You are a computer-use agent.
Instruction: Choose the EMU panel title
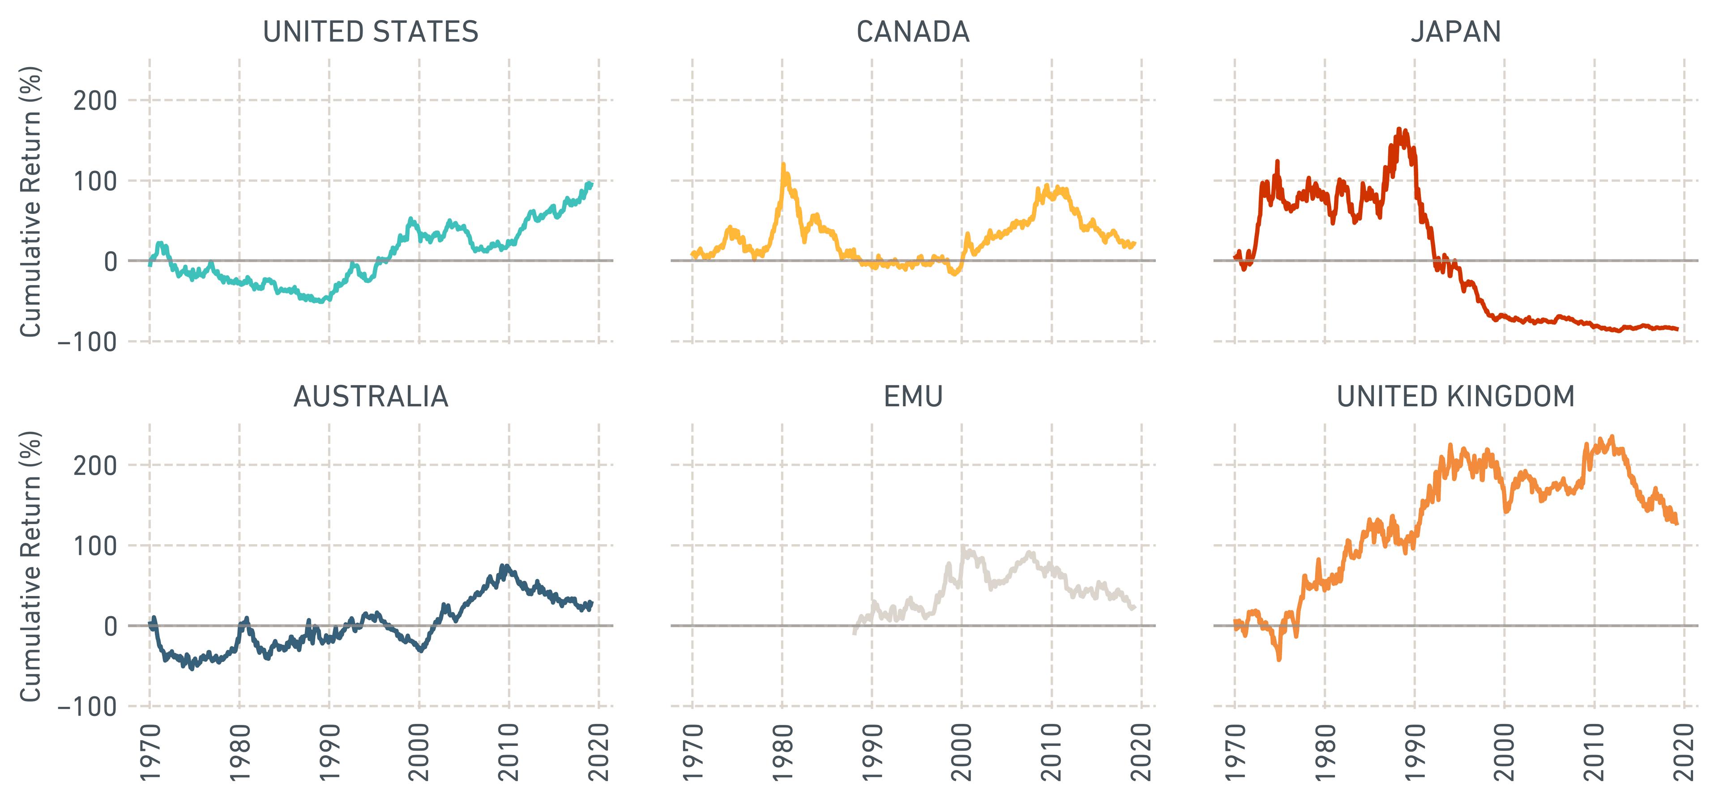912,397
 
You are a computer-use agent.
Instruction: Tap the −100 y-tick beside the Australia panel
87,706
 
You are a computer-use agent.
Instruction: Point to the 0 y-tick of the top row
110,261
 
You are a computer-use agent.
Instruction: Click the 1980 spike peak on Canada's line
783,163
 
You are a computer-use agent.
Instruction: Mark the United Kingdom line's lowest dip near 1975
1279,659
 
